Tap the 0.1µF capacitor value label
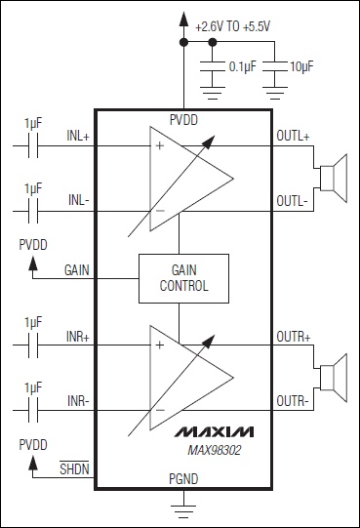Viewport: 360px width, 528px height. click(243, 66)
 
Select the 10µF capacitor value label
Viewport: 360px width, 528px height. click(301, 66)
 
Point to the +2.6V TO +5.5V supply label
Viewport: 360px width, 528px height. click(233, 27)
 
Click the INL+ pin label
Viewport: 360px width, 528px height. click(78, 136)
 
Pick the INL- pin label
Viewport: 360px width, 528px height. click(79, 200)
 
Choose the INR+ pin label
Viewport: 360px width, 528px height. click(78, 337)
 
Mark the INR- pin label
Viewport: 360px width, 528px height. click(78, 401)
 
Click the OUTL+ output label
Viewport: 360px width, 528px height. click(293, 136)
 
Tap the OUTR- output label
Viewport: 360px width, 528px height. click(293, 401)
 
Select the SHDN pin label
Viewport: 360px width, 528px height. click(74, 468)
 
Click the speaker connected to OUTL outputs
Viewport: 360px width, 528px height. click(334, 179)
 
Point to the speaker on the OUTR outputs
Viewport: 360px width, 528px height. click(334, 378)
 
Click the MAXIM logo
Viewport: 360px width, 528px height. click(215, 432)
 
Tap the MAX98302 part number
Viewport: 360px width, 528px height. click(215, 450)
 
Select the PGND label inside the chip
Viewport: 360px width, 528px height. click(183, 479)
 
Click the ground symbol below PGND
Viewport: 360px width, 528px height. click(183, 511)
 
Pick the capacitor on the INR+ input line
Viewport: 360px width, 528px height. click(33, 345)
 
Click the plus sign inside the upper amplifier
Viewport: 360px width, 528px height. click(160, 145)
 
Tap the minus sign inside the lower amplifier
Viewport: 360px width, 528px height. click(160, 410)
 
